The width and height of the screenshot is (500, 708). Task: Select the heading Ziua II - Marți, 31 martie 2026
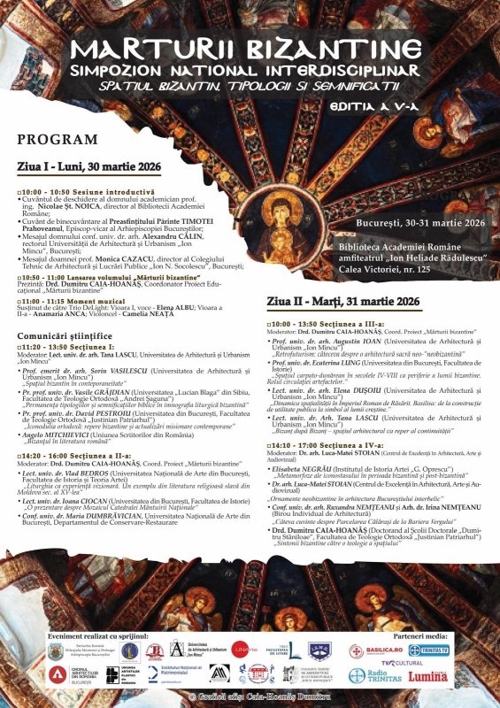tap(342, 301)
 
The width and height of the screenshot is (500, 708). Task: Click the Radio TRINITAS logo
tap(370, 676)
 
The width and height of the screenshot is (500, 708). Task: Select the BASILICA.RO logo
tap(372, 650)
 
